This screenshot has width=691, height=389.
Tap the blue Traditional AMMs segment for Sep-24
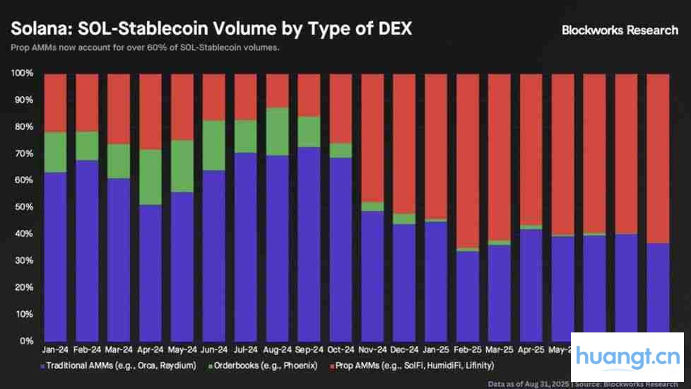(x=309, y=244)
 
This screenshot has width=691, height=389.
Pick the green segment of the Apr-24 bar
(x=150, y=177)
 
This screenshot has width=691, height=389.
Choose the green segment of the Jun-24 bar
(x=213, y=145)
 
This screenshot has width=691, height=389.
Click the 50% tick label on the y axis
(x=23, y=207)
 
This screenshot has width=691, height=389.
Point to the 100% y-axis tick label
(x=21, y=74)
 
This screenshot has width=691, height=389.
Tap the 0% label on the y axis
(x=25, y=341)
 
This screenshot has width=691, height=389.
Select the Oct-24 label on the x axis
(x=341, y=349)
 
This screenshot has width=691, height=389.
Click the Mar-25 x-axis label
(x=500, y=349)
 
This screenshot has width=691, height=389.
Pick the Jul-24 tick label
(x=245, y=349)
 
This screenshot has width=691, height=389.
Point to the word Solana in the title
(x=37, y=29)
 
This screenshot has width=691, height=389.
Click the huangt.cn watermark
(x=627, y=357)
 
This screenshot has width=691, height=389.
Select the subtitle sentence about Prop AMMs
(x=146, y=48)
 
